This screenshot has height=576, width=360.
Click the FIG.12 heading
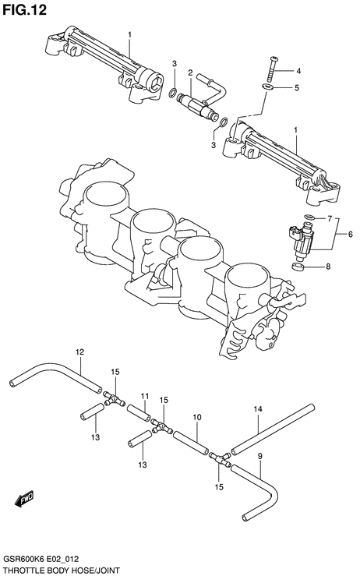click(25, 10)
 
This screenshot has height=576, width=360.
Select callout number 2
click(190, 73)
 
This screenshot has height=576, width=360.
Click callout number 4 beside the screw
click(298, 71)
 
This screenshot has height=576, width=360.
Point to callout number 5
click(297, 88)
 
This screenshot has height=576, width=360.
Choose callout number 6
click(350, 234)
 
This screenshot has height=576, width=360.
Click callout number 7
click(330, 219)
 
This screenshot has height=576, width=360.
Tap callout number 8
click(328, 267)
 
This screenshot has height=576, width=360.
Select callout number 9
click(259, 457)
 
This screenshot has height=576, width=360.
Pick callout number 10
click(197, 417)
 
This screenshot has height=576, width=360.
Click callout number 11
click(144, 396)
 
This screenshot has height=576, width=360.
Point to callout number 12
click(79, 352)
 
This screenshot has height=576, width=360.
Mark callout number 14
click(257, 408)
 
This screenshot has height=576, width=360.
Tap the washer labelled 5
click(267, 87)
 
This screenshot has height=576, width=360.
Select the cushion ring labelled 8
click(298, 267)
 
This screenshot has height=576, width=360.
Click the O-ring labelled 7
click(309, 217)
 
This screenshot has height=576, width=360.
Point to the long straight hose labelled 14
click(273, 429)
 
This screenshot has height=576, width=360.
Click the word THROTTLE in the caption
click(22, 570)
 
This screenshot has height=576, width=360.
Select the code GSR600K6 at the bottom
click(20, 560)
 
